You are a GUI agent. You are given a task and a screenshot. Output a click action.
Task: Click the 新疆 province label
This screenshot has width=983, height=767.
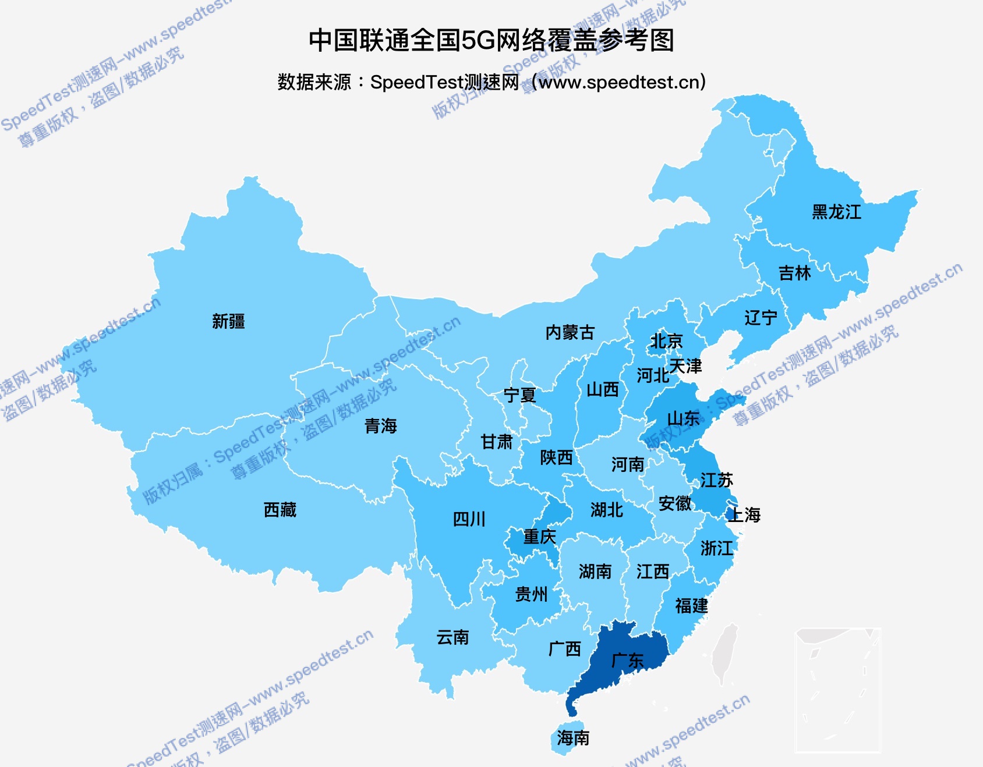(228, 321)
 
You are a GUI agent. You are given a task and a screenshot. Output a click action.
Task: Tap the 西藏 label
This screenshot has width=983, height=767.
(280, 510)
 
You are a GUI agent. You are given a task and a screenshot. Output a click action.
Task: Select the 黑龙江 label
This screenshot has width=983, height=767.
(836, 212)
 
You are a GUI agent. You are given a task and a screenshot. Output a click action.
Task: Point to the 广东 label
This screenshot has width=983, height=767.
(627, 661)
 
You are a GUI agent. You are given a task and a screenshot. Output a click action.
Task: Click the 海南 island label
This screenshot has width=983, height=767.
(573, 738)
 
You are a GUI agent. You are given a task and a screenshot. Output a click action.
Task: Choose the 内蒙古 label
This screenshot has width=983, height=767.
(570, 332)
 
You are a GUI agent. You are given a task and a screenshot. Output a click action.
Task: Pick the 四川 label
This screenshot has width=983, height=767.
(469, 519)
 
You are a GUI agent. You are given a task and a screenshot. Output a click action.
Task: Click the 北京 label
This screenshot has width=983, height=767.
(666, 341)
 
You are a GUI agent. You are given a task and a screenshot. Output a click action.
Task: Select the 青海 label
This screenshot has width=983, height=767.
(380, 426)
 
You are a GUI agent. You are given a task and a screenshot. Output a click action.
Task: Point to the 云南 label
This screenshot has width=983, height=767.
(452, 637)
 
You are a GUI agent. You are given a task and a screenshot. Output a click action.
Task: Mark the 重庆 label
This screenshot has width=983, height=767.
(539, 536)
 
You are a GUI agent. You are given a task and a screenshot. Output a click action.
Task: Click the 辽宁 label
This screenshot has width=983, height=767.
(761, 318)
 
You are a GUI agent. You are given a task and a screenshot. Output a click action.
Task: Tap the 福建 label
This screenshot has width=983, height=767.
(691, 606)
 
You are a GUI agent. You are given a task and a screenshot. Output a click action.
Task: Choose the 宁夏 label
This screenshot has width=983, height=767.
(519, 395)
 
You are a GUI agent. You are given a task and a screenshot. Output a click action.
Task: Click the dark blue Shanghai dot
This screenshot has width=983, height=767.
(730, 514)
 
